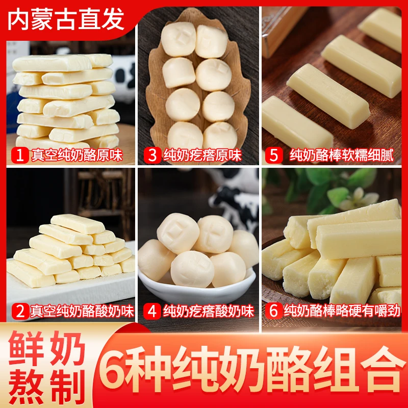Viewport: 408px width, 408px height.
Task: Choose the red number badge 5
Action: [x=274, y=155]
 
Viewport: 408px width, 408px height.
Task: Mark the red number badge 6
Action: [x=274, y=311]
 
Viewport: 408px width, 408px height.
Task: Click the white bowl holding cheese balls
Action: [x=196, y=283]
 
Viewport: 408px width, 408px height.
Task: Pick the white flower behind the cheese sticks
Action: [x=360, y=196]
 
